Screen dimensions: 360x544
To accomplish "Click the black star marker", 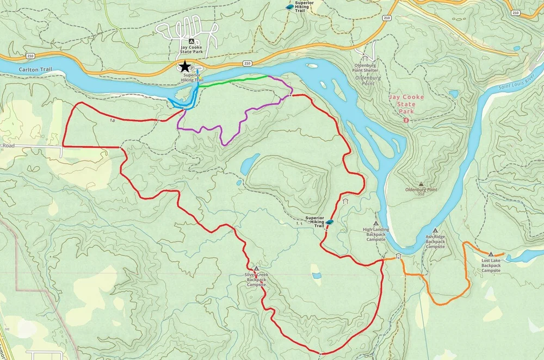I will click(x=186, y=66).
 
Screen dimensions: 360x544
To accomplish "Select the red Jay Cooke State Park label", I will click(x=406, y=104).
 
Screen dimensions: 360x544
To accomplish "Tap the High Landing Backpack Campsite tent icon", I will click(x=375, y=223).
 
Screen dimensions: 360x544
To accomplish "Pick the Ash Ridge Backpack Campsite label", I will click(x=435, y=241).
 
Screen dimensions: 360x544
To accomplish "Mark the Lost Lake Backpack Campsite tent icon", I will click(x=491, y=254).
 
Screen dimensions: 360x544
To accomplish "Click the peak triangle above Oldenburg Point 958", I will click(x=421, y=184).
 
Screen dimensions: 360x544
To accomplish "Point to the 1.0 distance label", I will click(x=112, y=120).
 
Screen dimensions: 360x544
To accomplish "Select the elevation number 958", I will click(x=421, y=194).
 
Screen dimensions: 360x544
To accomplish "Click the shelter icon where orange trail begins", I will click(x=399, y=256).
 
